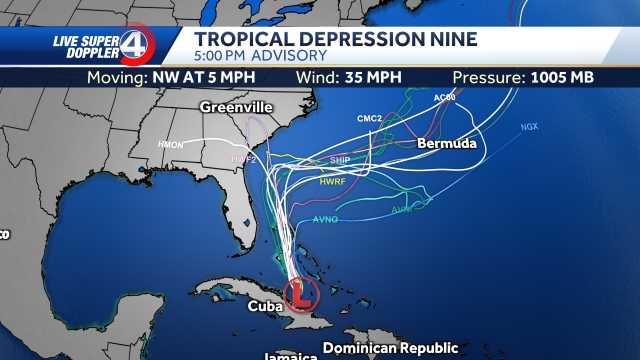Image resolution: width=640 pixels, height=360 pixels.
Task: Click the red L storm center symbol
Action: tap(299, 294)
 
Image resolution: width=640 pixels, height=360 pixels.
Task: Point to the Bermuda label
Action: tap(446, 144)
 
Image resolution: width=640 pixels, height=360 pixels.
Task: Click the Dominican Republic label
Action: tap(391, 348)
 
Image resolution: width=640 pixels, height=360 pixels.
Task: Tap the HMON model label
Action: tap(171, 145)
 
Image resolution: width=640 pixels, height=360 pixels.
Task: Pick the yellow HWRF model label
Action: tap(333, 182)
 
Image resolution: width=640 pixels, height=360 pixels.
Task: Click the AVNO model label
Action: tap(326, 219)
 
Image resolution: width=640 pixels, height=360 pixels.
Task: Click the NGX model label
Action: tap(529, 127)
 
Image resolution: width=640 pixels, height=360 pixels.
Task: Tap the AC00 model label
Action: tap(445, 97)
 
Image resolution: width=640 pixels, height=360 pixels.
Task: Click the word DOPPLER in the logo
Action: tap(83, 54)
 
